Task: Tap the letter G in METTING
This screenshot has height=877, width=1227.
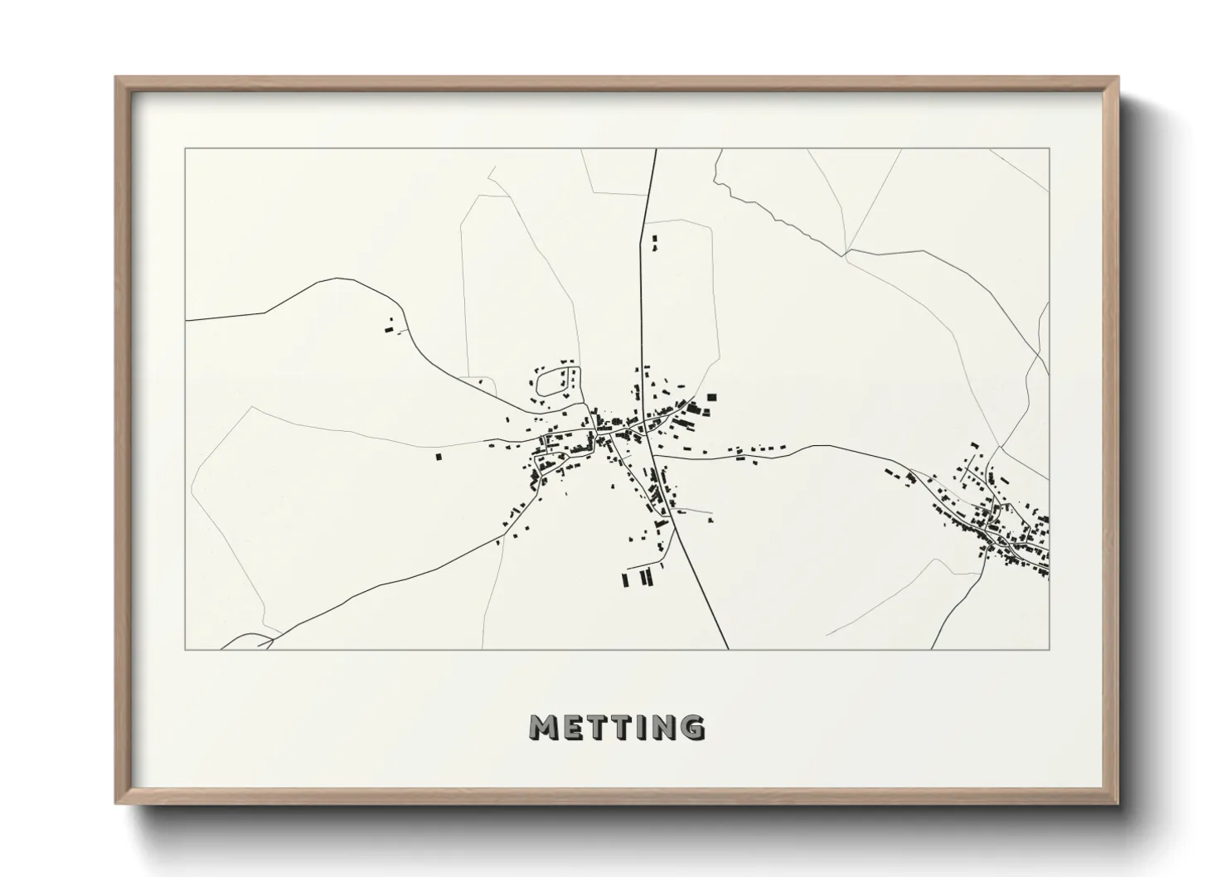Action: pyautogui.click(x=690, y=727)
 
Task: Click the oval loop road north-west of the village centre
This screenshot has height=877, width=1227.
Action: pyautogui.click(x=550, y=382)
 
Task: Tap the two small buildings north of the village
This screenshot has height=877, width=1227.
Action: pyautogui.click(x=655, y=243)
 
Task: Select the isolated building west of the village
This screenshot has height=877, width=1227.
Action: pyautogui.click(x=439, y=455)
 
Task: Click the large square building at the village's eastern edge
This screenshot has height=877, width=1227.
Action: pyautogui.click(x=710, y=399)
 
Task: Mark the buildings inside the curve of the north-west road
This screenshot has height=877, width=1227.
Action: pyautogui.click(x=389, y=328)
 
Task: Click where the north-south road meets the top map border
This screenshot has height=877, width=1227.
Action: pyautogui.click(x=656, y=149)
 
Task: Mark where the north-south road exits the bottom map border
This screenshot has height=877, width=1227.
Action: pyautogui.click(x=728, y=649)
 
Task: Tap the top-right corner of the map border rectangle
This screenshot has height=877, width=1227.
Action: pyautogui.click(x=1049, y=149)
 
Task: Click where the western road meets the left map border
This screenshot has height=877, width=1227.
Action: pyautogui.click(x=186, y=319)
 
